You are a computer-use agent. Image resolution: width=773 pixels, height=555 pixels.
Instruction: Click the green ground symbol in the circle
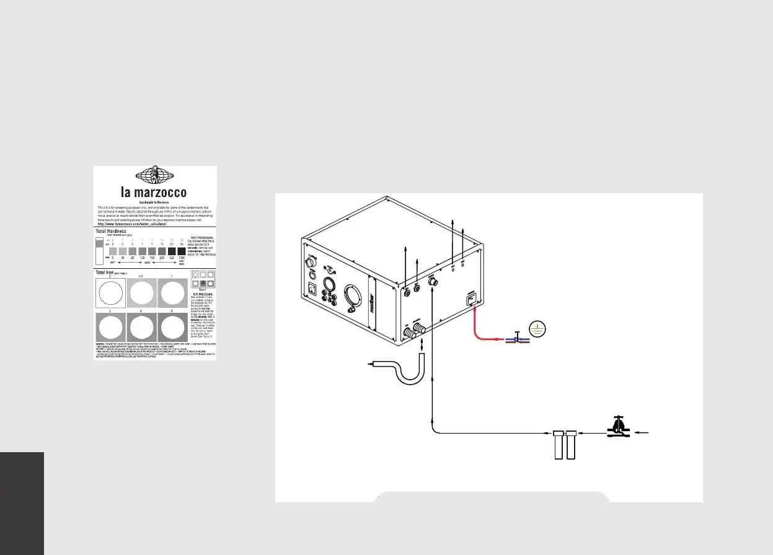[x=537, y=330]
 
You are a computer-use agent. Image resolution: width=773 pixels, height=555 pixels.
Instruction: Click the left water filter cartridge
[x=558, y=445]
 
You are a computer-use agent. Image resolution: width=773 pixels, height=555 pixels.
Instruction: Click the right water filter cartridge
[x=572, y=445]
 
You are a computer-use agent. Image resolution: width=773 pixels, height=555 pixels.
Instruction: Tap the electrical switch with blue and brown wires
[x=516, y=338]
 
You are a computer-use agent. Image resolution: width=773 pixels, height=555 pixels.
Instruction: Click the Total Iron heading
[x=109, y=271]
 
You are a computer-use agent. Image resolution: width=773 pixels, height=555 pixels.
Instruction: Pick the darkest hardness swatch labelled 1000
[x=182, y=251]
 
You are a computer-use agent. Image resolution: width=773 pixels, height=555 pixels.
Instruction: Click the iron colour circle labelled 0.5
[x=141, y=294]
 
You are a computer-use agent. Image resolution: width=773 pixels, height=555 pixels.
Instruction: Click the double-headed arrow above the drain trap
[x=422, y=344]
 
